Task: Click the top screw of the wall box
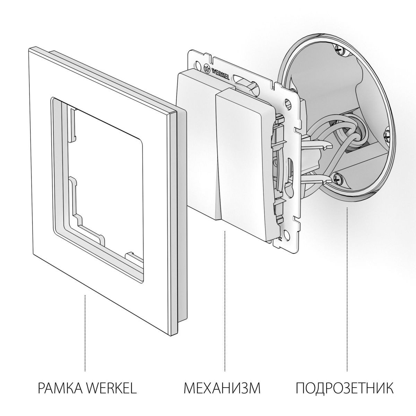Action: click(339, 50)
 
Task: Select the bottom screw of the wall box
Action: click(338, 178)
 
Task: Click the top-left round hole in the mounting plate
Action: click(198, 64)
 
